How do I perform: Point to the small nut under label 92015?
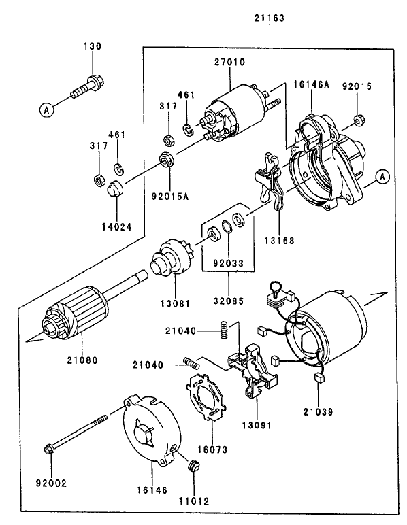[358, 122]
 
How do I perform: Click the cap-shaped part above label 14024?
[115, 188]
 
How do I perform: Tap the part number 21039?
[319, 412]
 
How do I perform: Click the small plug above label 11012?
[193, 467]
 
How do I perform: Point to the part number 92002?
[48, 484]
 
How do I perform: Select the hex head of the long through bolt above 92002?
[50, 450]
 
